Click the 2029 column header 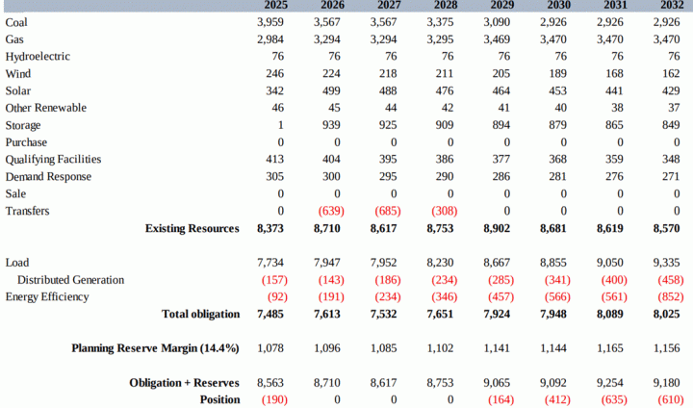pos(502,5)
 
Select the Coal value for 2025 pos(270,22)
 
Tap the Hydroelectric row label pos(38,57)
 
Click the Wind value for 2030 pos(557,73)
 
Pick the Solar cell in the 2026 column pos(331,90)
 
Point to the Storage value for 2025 pos(281,125)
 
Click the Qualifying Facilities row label pos(53,160)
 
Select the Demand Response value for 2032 pos(671,176)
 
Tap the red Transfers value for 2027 pos(388,211)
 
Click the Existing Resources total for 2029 pos(497,228)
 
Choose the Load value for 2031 pos(610,263)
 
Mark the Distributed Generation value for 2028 pos(444,280)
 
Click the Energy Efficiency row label pos(47,297)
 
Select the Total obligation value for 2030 pos(553,315)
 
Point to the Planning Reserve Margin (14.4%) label pos(155,348)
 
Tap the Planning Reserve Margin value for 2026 pos(327,348)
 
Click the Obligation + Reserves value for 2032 pos(666,383)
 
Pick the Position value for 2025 pos(274,399)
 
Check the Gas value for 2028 pos(440,39)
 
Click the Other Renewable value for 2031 pos(617,108)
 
